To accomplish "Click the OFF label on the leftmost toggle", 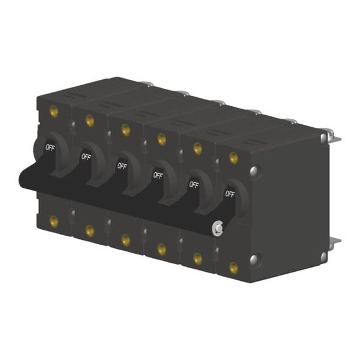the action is [50, 147].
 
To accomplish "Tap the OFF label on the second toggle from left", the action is [86, 157].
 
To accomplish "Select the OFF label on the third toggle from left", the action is [122, 166].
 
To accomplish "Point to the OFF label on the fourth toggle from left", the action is [158, 175].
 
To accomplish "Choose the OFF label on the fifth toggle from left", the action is [194, 184].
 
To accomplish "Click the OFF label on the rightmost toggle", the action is [230, 194].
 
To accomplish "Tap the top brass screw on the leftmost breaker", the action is [54, 112].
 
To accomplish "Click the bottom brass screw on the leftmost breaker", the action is [54, 221].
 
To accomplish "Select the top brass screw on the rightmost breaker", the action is [233, 157].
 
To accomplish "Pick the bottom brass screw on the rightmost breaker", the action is [233, 268].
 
